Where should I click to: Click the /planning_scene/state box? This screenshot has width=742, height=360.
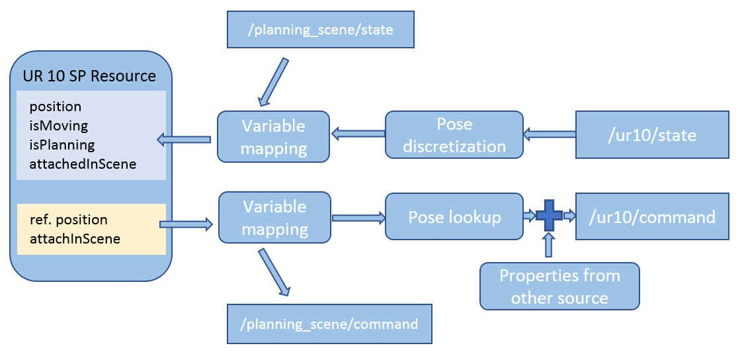(x=320, y=29)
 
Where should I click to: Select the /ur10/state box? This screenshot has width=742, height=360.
(x=652, y=135)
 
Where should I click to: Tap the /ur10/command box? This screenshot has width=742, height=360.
(x=652, y=216)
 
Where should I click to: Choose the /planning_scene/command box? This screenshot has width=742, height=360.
(x=329, y=324)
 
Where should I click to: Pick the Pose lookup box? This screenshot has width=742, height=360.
(x=454, y=216)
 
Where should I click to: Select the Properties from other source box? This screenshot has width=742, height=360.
(x=559, y=286)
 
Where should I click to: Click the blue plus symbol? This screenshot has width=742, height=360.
(x=548, y=216)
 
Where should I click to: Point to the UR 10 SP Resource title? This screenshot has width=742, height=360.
(x=89, y=75)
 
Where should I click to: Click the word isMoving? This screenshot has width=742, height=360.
(x=58, y=125)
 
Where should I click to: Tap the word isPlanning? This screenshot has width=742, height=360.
(x=62, y=144)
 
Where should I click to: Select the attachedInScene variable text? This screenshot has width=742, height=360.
(x=83, y=163)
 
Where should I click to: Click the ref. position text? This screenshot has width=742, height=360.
(x=68, y=219)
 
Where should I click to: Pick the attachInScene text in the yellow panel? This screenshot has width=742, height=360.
(x=75, y=238)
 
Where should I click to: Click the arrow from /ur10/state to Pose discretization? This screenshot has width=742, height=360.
(x=548, y=135)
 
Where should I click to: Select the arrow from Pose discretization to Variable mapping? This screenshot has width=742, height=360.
(x=358, y=134)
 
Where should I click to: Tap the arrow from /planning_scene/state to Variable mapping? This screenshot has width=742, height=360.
(x=274, y=81)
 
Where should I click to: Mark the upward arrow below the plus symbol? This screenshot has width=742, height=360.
(x=548, y=247)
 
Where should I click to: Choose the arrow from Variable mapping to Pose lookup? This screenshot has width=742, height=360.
(x=358, y=217)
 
